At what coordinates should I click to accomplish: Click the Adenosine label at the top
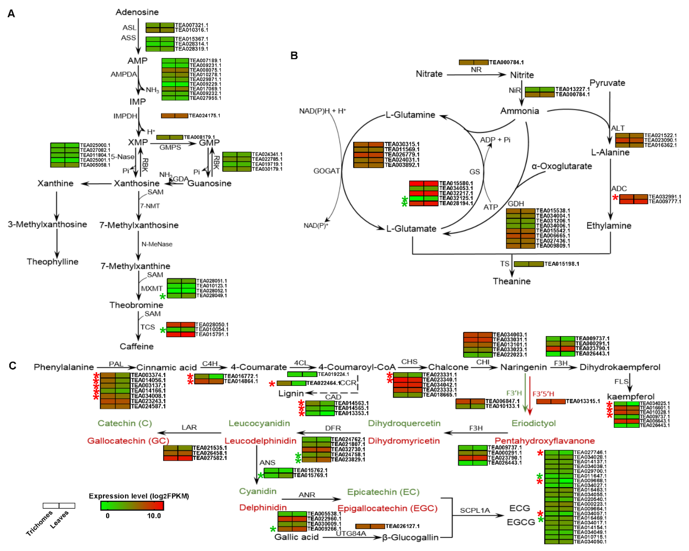point(137,12)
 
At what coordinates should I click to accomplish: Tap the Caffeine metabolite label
point(137,346)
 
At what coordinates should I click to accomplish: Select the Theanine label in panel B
point(512,281)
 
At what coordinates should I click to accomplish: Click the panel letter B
point(294,56)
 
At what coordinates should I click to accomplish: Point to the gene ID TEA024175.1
point(205,115)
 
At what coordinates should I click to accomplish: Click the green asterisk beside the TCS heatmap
point(163,330)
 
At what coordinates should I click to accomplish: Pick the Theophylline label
point(53,262)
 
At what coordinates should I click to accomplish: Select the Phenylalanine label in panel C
point(64,367)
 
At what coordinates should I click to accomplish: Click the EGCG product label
point(521,522)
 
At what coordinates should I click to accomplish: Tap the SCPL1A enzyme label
point(475,510)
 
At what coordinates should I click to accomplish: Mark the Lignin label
point(291,393)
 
